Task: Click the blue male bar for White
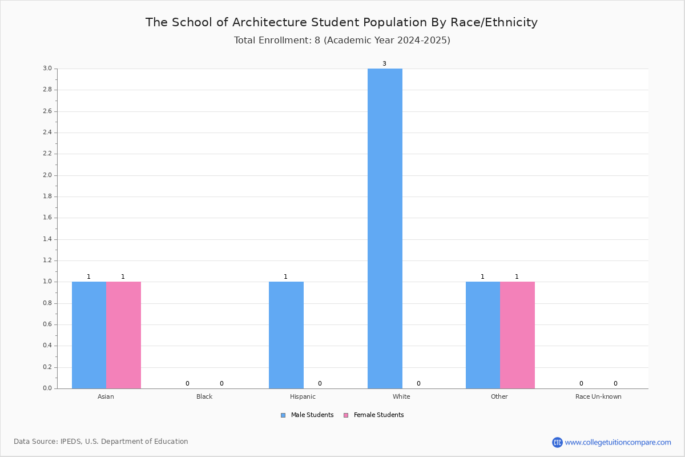coord(385,228)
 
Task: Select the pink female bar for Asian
coord(123,335)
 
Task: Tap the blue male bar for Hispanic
coord(286,335)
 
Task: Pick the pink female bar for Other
coord(517,335)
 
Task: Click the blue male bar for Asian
coord(89,335)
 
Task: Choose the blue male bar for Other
coord(483,335)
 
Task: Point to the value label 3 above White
coord(384,63)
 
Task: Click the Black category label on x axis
coord(204,396)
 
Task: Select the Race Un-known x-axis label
coord(598,396)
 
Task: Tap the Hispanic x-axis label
coord(303,396)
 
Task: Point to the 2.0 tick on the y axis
coord(47,175)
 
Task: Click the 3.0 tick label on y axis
coord(47,68)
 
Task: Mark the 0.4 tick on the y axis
coord(47,346)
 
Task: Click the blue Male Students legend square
coord(283,415)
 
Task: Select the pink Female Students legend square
coord(346,415)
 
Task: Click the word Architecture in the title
coord(269,22)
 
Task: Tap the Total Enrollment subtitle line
coord(342,41)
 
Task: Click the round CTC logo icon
coord(557,442)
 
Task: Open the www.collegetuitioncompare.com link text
coord(618,443)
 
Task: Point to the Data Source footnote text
coord(101,442)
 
